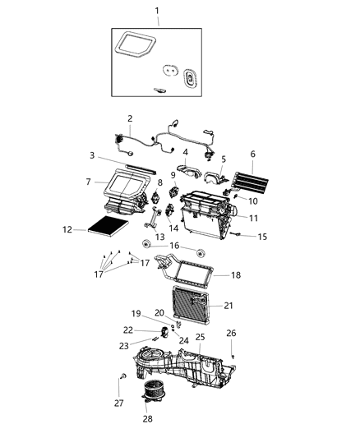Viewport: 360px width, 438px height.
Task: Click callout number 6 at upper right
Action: tap(252, 154)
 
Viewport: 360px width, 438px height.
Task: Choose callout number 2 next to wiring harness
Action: tap(130, 119)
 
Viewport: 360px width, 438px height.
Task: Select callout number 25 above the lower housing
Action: tap(200, 338)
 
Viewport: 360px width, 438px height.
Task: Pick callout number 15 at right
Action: tap(263, 237)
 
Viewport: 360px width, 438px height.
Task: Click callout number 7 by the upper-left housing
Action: tap(88, 181)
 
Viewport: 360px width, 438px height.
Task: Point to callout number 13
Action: tap(160, 237)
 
